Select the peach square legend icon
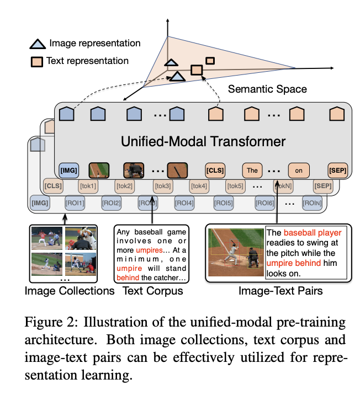(36, 61)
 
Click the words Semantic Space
(267, 89)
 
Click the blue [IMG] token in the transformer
(68, 170)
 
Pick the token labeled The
(252, 170)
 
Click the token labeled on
(299, 170)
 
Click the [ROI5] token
(223, 203)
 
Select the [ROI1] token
(76, 203)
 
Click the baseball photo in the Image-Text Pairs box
(236, 252)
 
